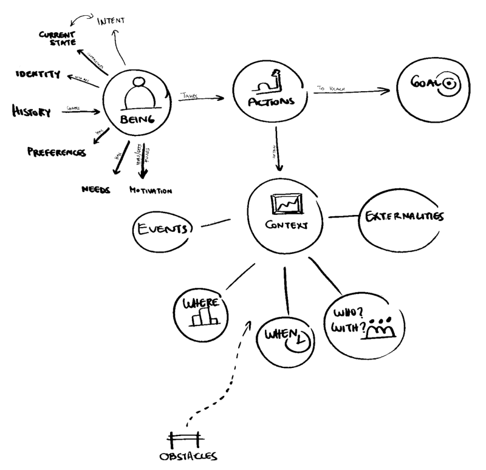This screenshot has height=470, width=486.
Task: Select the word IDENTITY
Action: [38, 75]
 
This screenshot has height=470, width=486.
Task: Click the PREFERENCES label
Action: [56, 152]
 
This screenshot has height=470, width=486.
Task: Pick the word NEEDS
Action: [95, 189]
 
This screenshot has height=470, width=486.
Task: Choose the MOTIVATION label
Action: [151, 190]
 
